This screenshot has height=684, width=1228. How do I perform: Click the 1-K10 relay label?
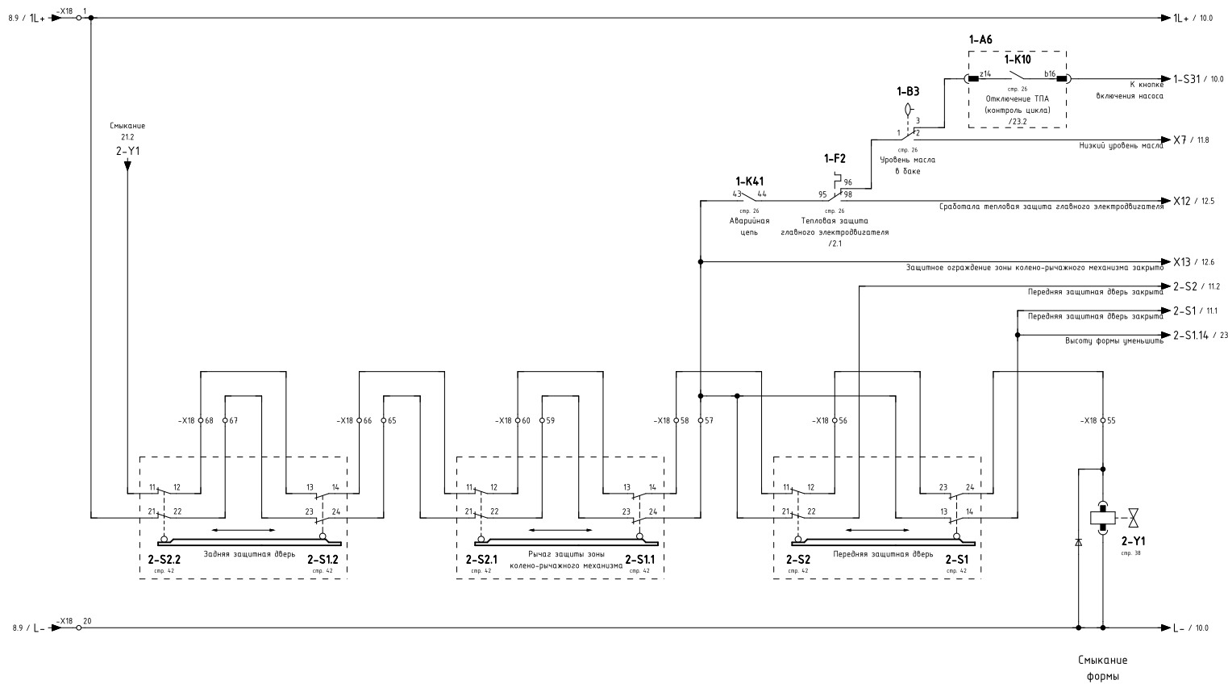[x=1017, y=60]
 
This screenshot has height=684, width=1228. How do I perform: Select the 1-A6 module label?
[x=980, y=40]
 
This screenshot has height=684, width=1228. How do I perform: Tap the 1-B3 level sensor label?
[x=908, y=92]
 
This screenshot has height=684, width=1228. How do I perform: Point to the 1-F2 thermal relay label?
[x=835, y=159]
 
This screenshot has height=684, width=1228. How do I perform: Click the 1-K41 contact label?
[x=749, y=181]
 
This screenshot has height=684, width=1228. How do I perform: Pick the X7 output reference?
[x=1179, y=140]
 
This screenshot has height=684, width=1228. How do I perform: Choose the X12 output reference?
[x=1181, y=201]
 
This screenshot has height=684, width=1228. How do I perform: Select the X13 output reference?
[x=1181, y=262]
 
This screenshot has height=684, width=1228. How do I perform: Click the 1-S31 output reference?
[x=1187, y=79]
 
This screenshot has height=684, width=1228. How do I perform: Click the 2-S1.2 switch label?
[x=323, y=558]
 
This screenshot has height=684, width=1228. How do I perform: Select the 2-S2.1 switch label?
[x=481, y=558]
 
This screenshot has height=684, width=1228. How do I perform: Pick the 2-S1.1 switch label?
[x=640, y=558]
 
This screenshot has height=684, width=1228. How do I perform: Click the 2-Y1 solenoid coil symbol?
[x=1102, y=517]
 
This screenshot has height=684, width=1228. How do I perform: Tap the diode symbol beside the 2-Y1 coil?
[x=1078, y=543]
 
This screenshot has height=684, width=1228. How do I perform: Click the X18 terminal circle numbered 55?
[x=1102, y=420]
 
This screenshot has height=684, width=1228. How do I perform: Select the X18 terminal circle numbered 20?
[x=78, y=628]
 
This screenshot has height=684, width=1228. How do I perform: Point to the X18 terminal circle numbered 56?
[x=834, y=420]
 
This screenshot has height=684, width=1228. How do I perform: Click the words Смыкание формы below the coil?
[x=1102, y=668]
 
